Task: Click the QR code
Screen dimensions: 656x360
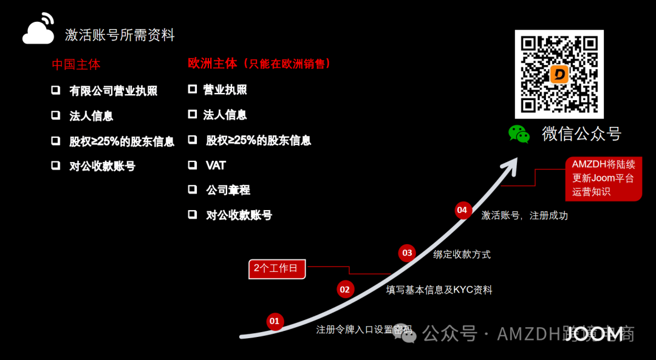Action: click(559, 74)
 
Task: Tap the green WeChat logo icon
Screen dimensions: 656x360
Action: click(519, 134)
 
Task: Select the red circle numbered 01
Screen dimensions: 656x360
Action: click(275, 321)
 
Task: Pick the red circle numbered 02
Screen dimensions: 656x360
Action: click(345, 290)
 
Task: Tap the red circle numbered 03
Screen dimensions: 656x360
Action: click(407, 253)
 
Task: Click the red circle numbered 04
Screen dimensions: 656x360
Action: click(463, 210)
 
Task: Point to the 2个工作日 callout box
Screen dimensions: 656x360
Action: click(277, 269)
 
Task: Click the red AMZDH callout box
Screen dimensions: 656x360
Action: click(603, 178)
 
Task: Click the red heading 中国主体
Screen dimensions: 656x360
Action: click(76, 64)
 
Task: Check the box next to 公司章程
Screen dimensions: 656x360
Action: click(193, 189)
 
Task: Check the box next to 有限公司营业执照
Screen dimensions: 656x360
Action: click(56, 90)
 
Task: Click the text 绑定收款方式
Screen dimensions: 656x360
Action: click(462, 254)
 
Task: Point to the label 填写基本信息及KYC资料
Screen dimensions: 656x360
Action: click(439, 290)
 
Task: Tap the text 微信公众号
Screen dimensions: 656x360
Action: click(581, 134)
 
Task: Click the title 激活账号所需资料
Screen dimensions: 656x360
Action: click(120, 35)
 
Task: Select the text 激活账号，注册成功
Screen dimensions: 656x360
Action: click(524, 215)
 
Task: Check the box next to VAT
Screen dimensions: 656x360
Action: click(193, 165)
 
